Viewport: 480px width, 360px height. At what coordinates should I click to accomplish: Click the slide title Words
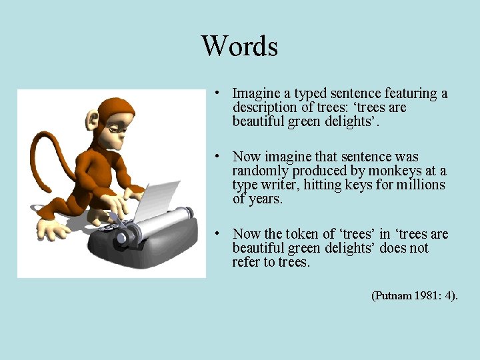(x=239, y=46)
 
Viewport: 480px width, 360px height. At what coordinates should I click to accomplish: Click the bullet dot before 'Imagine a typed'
(x=217, y=93)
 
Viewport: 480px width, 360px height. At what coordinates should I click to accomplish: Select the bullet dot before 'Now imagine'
(x=217, y=157)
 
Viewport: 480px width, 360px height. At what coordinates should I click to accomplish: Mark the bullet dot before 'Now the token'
(x=217, y=234)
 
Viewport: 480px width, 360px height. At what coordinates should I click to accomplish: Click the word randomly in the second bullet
(x=261, y=171)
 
